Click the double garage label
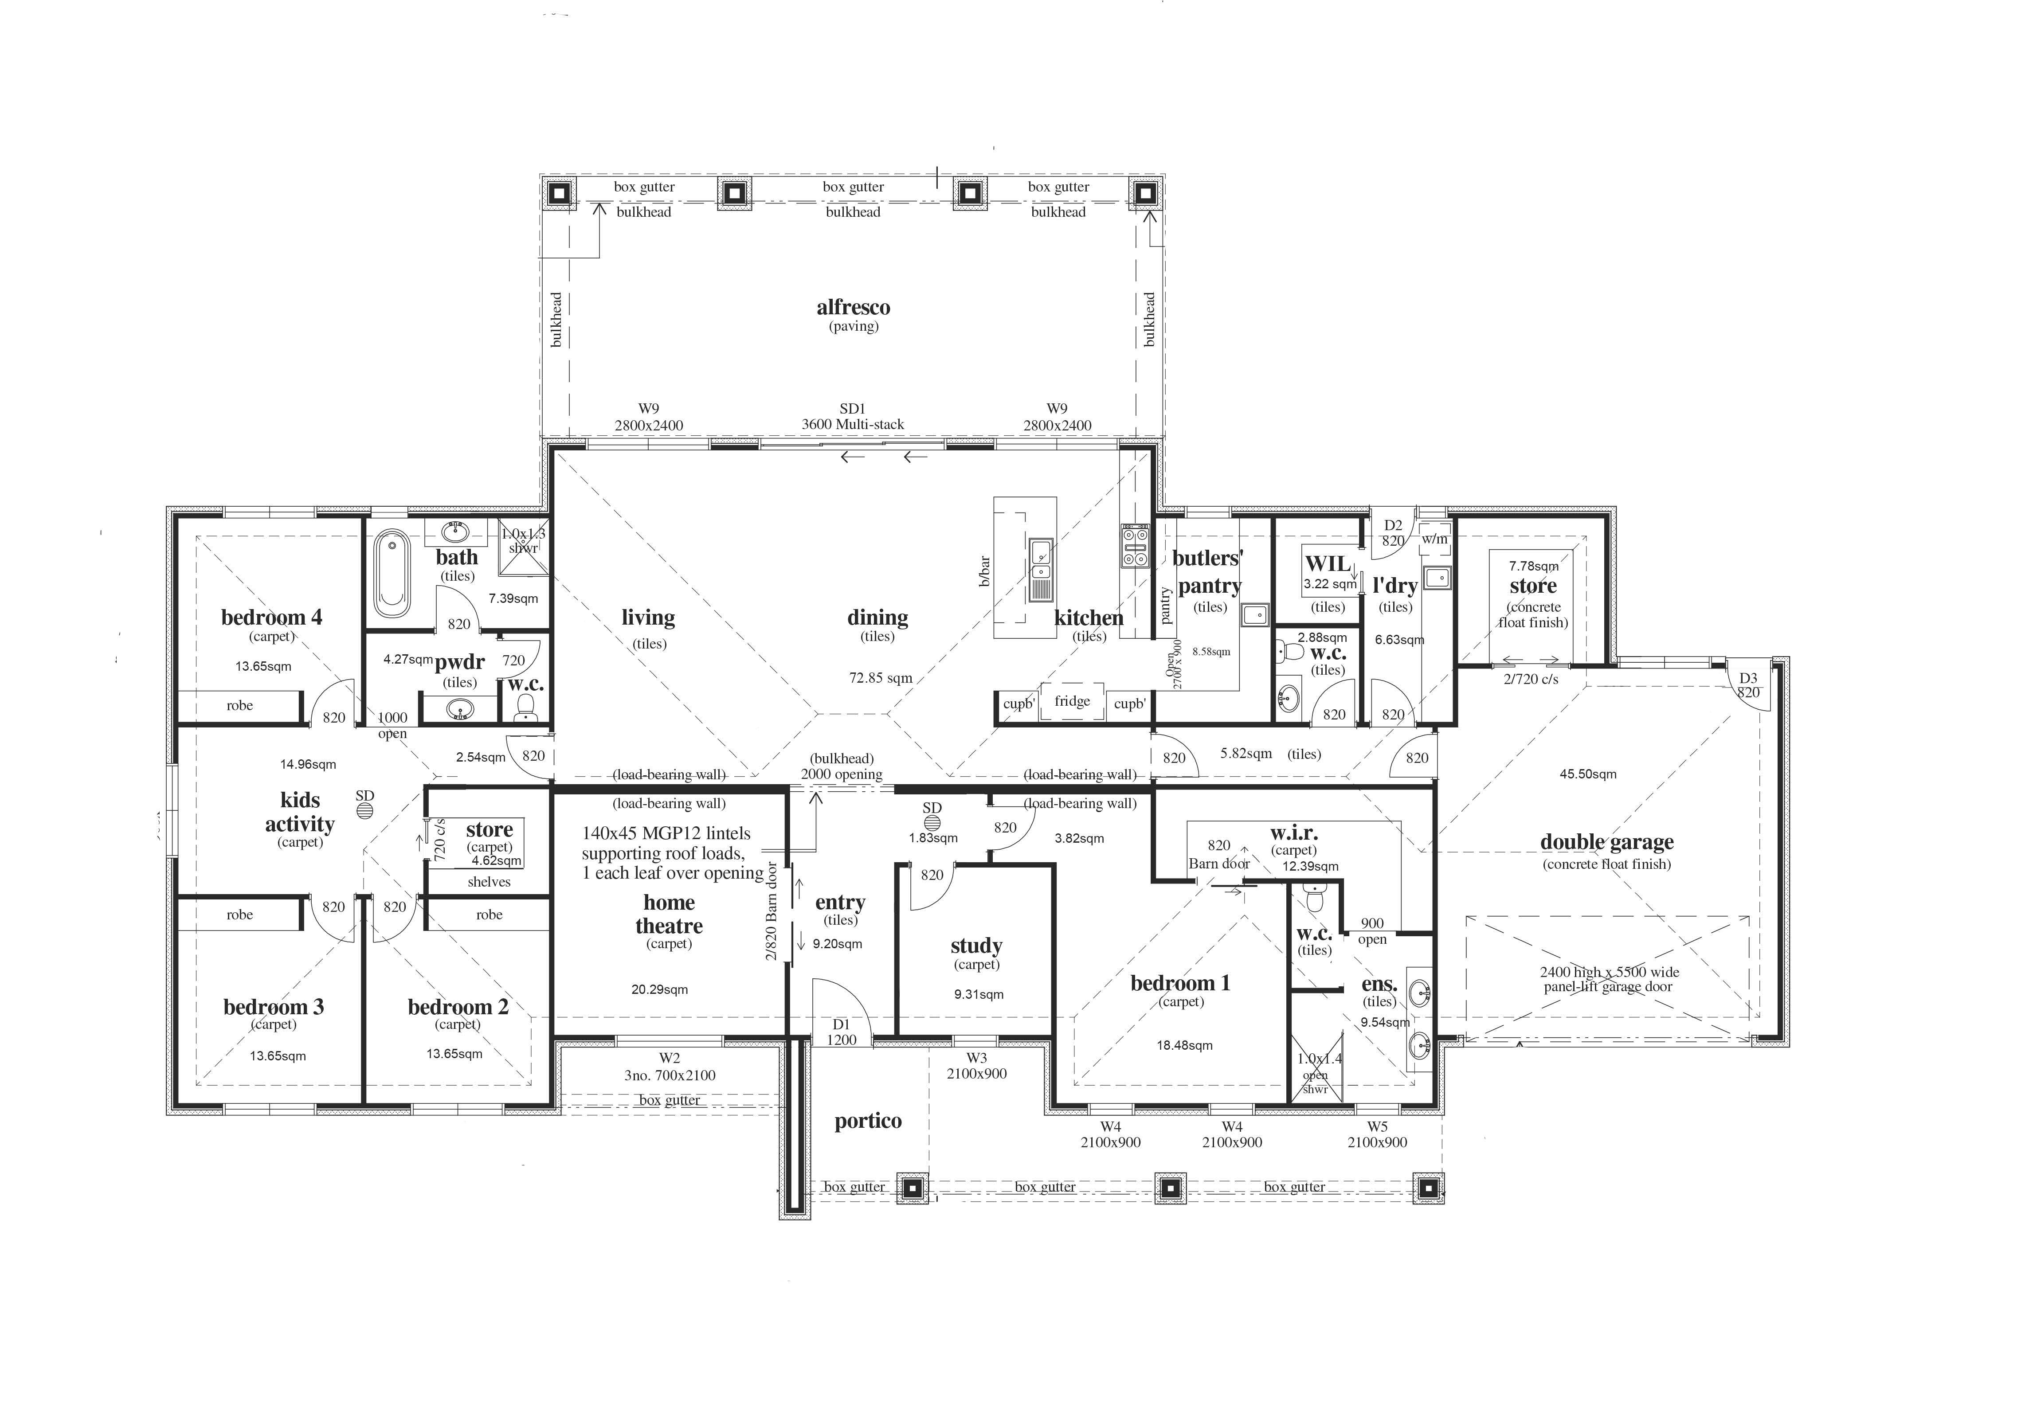coord(1606,842)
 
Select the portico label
coord(868,1121)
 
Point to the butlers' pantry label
coord(1208,572)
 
